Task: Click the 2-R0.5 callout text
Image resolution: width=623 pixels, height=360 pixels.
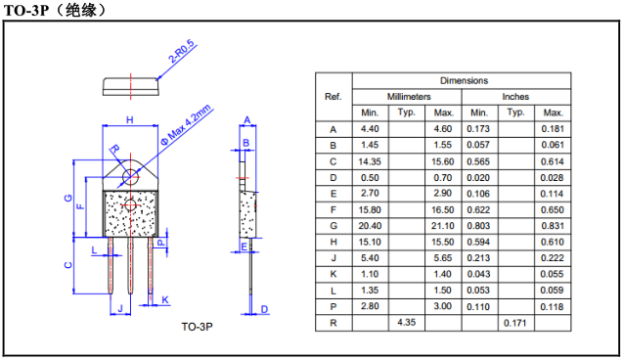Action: coord(183,52)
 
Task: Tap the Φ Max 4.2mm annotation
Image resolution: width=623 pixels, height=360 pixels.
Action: coord(186,125)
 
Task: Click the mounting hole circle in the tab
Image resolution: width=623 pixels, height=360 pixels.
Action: coord(131,177)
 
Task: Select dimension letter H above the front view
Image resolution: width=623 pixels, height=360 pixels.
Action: coord(130,119)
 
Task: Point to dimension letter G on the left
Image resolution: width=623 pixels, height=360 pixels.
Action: coord(68,198)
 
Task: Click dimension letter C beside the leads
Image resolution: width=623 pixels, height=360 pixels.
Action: coord(68,265)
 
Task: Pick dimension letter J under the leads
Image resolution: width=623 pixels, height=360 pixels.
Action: coord(120,308)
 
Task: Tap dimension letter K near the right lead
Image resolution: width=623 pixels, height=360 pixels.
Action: coord(165,299)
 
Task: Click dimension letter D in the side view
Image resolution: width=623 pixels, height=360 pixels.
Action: coord(264,309)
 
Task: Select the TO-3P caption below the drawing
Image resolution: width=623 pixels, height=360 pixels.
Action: coord(198,327)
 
